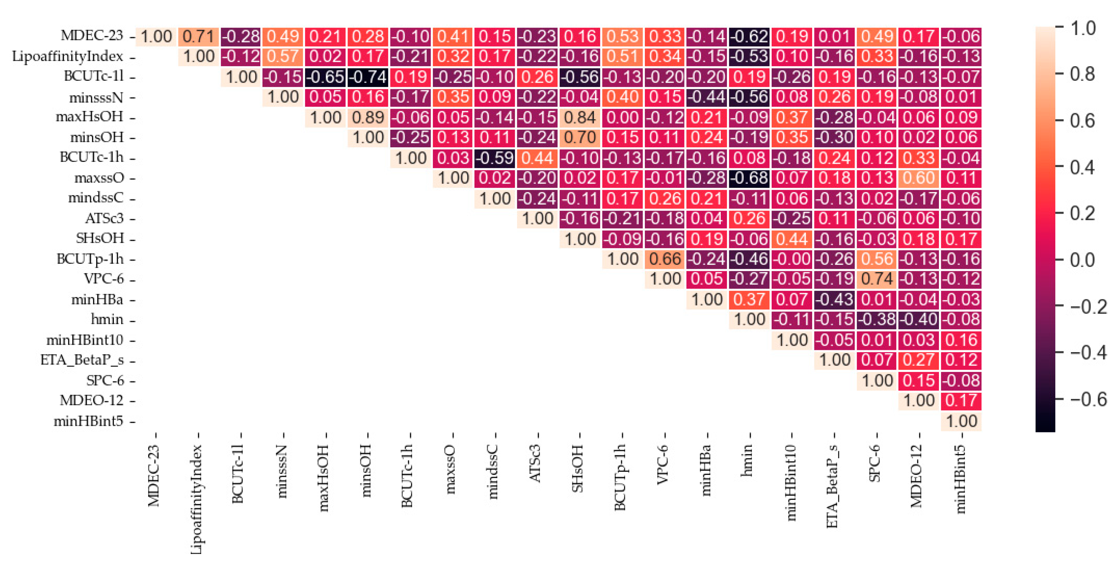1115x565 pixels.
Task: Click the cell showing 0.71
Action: point(198,36)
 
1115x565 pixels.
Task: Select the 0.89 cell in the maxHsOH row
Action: point(368,117)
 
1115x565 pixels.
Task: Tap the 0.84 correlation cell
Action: point(580,117)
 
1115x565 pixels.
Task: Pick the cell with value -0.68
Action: point(750,178)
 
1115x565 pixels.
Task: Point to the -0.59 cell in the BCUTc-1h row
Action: point(495,158)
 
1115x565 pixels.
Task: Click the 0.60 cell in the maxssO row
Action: point(919,178)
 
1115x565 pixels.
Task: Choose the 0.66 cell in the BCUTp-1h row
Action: point(665,259)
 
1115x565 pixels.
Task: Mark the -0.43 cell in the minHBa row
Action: point(835,299)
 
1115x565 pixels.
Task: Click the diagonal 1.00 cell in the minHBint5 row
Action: point(961,421)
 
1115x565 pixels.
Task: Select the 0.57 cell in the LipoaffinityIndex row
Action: point(283,56)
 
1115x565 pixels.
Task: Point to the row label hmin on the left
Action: point(107,319)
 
